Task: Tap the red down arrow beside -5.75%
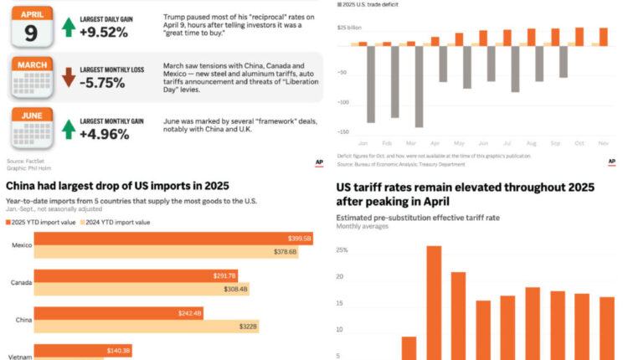tap(69, 79)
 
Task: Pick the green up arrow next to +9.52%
tap(69, 28)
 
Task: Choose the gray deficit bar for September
tap(564, 61)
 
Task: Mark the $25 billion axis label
tap(349, 28)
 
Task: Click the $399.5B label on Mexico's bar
tap(299, 239)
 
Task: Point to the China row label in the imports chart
tap(23, 319)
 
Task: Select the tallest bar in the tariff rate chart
tap(434, 302)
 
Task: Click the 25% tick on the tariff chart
tap(342, 249)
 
